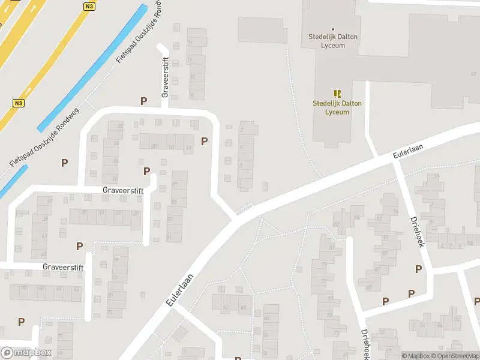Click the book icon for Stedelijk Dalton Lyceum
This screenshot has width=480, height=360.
(x=337, y=94)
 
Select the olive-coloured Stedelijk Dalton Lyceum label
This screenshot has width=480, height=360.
(x=337, y=107)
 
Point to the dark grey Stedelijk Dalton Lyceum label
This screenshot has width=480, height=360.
(x=333, y=41)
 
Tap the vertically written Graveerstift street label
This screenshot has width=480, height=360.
(x=166, y=77)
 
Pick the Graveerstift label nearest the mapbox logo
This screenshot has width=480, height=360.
(x=63, y=266)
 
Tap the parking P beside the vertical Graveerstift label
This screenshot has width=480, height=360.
(x=143, y=101)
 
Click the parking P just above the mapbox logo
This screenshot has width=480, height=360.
(x=22, y=322)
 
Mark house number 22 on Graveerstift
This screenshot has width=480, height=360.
(x=120, y=125)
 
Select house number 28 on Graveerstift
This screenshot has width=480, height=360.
(x=115, y=179)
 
